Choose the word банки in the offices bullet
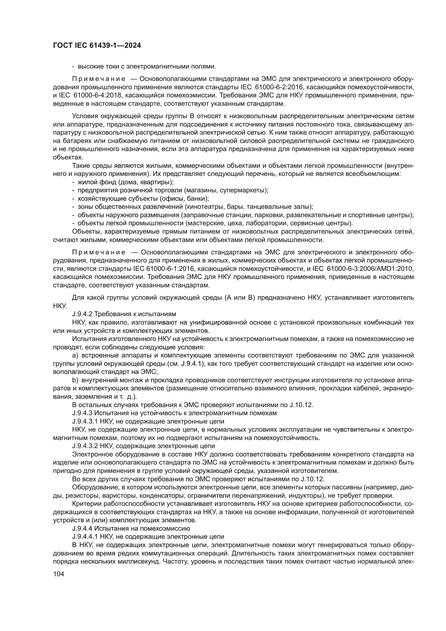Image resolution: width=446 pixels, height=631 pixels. point(198,199)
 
